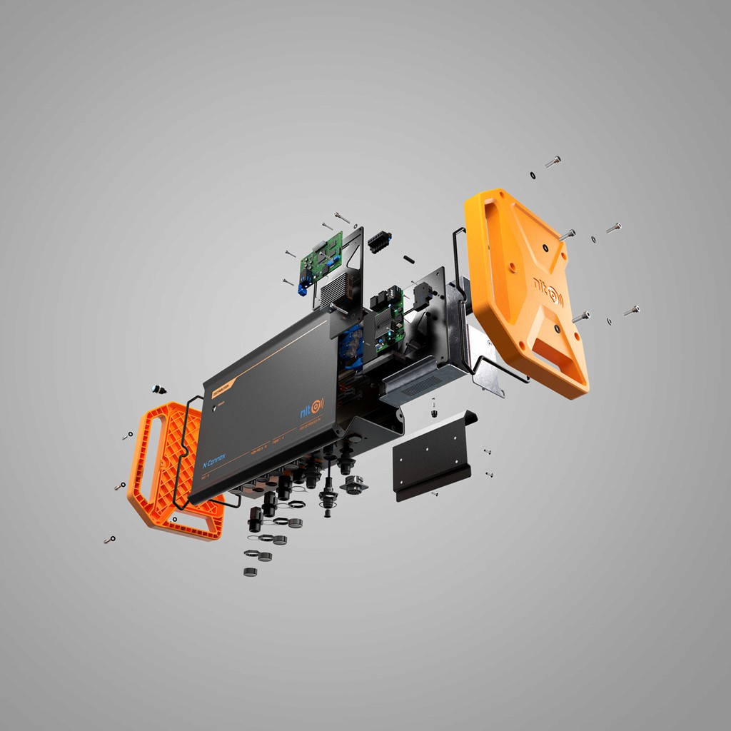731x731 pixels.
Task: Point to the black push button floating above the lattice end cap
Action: click(158, 389)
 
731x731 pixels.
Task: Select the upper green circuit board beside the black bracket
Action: click(321, 259)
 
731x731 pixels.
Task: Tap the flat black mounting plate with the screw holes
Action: click(432, 457)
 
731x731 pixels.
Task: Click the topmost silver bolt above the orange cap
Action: click(553, 162)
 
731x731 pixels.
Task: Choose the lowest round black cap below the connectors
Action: click(250, 572)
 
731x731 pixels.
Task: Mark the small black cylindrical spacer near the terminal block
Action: click(410, 258)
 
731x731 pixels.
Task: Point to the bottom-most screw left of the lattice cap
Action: click(109, 540)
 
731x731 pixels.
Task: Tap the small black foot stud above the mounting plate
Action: click(433, 412)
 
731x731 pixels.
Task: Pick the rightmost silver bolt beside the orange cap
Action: click(632, 311)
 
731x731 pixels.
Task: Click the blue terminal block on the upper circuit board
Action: click(302, 289)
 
